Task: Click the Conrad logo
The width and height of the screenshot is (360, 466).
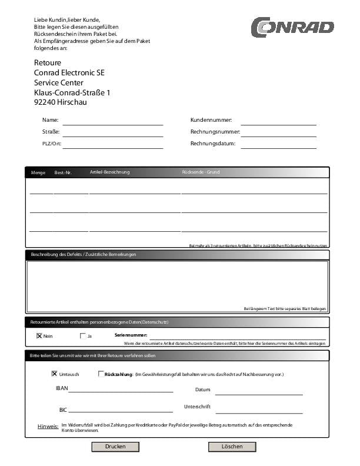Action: click(x=292, y=27)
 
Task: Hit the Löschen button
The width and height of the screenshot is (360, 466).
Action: click(x=232, y=447)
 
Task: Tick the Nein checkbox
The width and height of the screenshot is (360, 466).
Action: click(x=39, y=336)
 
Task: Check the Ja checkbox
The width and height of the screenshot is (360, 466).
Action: click(x=83, y=336)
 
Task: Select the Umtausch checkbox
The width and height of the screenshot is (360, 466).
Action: click(x=55, y=374)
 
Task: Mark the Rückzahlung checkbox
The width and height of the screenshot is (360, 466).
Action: click(x=101, y=374)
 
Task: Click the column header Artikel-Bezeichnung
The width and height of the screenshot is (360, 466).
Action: click(x=109, y=172)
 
